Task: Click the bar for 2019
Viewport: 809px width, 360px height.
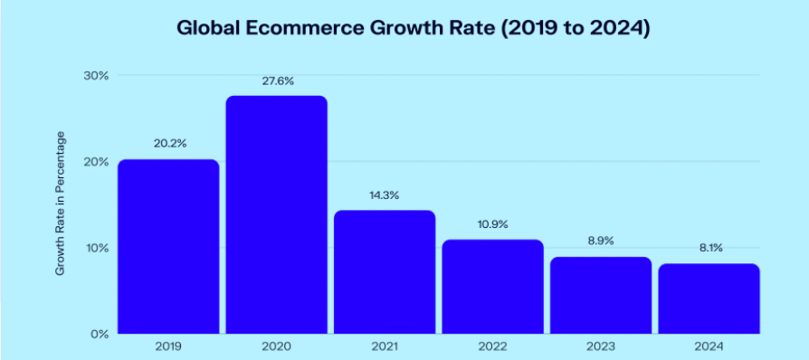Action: (168, 246)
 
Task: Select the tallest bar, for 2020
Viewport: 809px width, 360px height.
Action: (276, 214)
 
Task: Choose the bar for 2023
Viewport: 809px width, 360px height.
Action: (600, 295)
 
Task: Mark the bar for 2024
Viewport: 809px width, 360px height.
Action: (708, 298)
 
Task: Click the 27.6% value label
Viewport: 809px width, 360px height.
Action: (276, 81)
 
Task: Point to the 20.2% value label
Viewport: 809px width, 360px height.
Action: (168, 144)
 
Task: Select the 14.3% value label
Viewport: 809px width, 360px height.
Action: (384, 194)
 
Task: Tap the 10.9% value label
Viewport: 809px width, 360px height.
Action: (492, 224)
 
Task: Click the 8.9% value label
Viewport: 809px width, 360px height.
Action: (600, 242)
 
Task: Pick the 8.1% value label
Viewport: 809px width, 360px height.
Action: (708, 248)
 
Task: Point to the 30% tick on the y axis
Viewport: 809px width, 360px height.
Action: (96, 76)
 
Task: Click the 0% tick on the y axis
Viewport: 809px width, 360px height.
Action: (99, 334)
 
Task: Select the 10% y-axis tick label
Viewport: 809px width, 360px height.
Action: (96, 248)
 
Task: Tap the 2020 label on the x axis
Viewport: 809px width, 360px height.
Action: (276, 346)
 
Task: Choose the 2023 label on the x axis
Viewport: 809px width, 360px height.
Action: (600, 346)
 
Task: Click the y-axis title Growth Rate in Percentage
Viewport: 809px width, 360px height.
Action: (61, 204)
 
